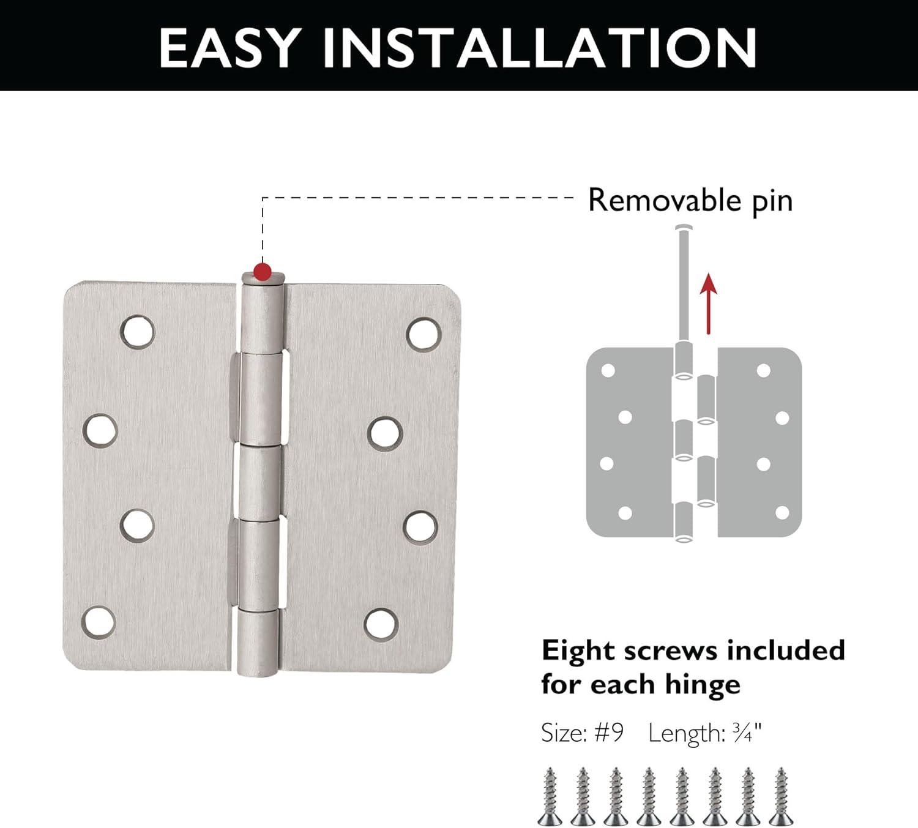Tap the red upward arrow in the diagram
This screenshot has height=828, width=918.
[x=709, y=303]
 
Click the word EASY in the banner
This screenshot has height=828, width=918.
[x=229, y=47]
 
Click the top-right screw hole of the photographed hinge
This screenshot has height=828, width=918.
[x=424, y=334]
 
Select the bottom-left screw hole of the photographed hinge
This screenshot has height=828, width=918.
[x=99, y=621]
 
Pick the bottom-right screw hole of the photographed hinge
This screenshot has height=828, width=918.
[x=381, y=624]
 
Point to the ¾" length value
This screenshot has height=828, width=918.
[x=748, y=733]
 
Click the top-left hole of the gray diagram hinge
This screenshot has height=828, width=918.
[x=608, y=370]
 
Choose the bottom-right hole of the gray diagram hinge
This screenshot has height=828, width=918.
[x=782, y=512]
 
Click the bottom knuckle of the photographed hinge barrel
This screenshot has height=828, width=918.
[x=258, y=643]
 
